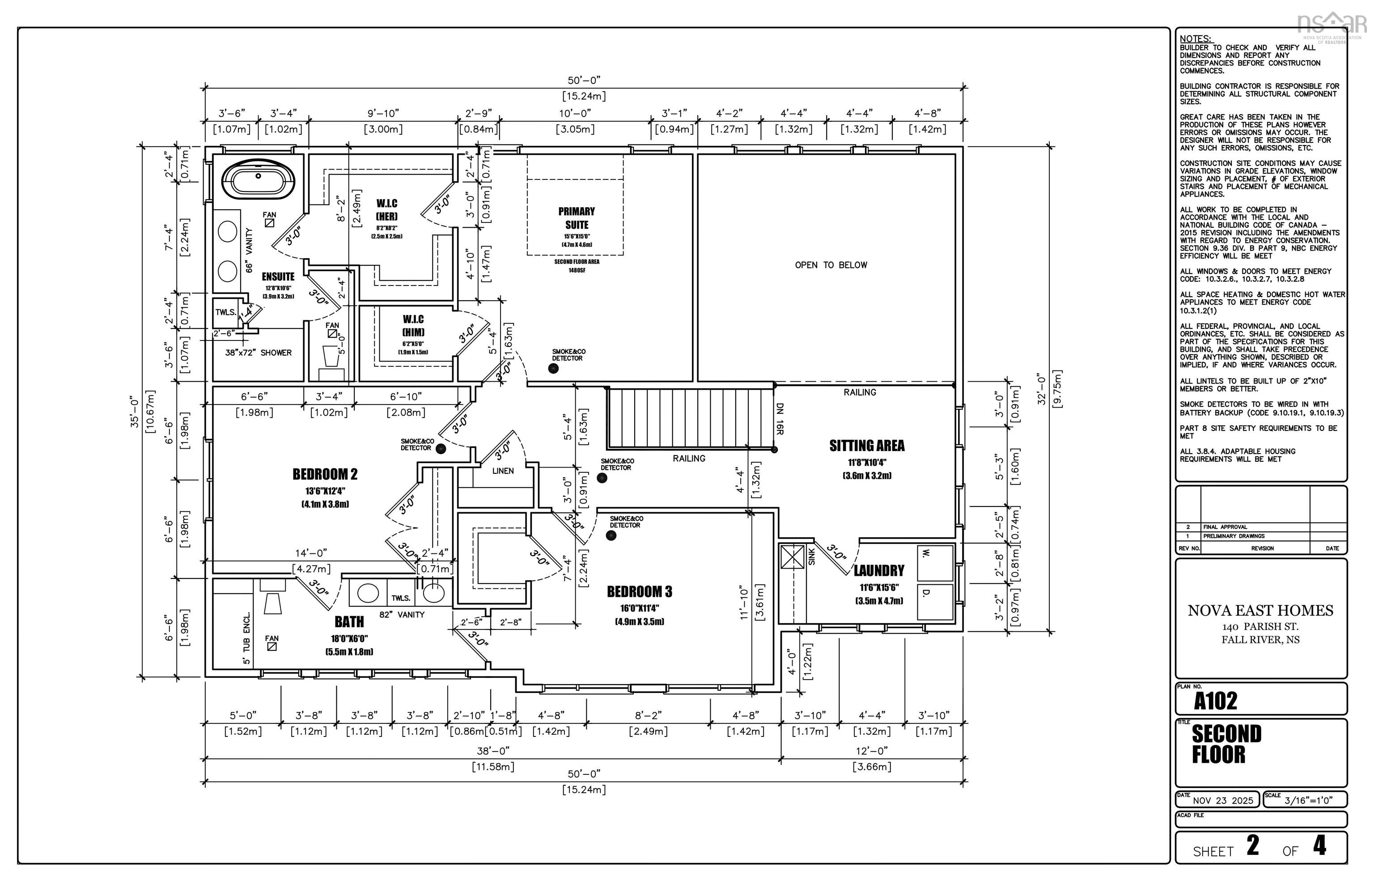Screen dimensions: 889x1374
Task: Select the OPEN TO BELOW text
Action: (831, 265)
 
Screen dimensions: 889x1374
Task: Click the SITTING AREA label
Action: (867, 446)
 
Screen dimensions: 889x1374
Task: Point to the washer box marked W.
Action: (934, 562)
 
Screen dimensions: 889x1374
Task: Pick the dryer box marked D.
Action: (934, 601)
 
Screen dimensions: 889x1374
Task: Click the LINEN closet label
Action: (503, 471)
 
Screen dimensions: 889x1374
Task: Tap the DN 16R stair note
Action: (779, 418)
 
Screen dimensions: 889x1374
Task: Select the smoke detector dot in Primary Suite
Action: (553, 368)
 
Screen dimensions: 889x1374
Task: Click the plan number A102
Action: (1215, 701)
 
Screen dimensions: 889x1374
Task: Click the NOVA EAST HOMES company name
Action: (1260, 611)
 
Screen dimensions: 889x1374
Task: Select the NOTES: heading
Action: (1195, 38)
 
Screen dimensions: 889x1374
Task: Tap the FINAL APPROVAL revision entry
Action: (1225, 527)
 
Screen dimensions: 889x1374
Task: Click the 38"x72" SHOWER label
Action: (258, 353)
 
